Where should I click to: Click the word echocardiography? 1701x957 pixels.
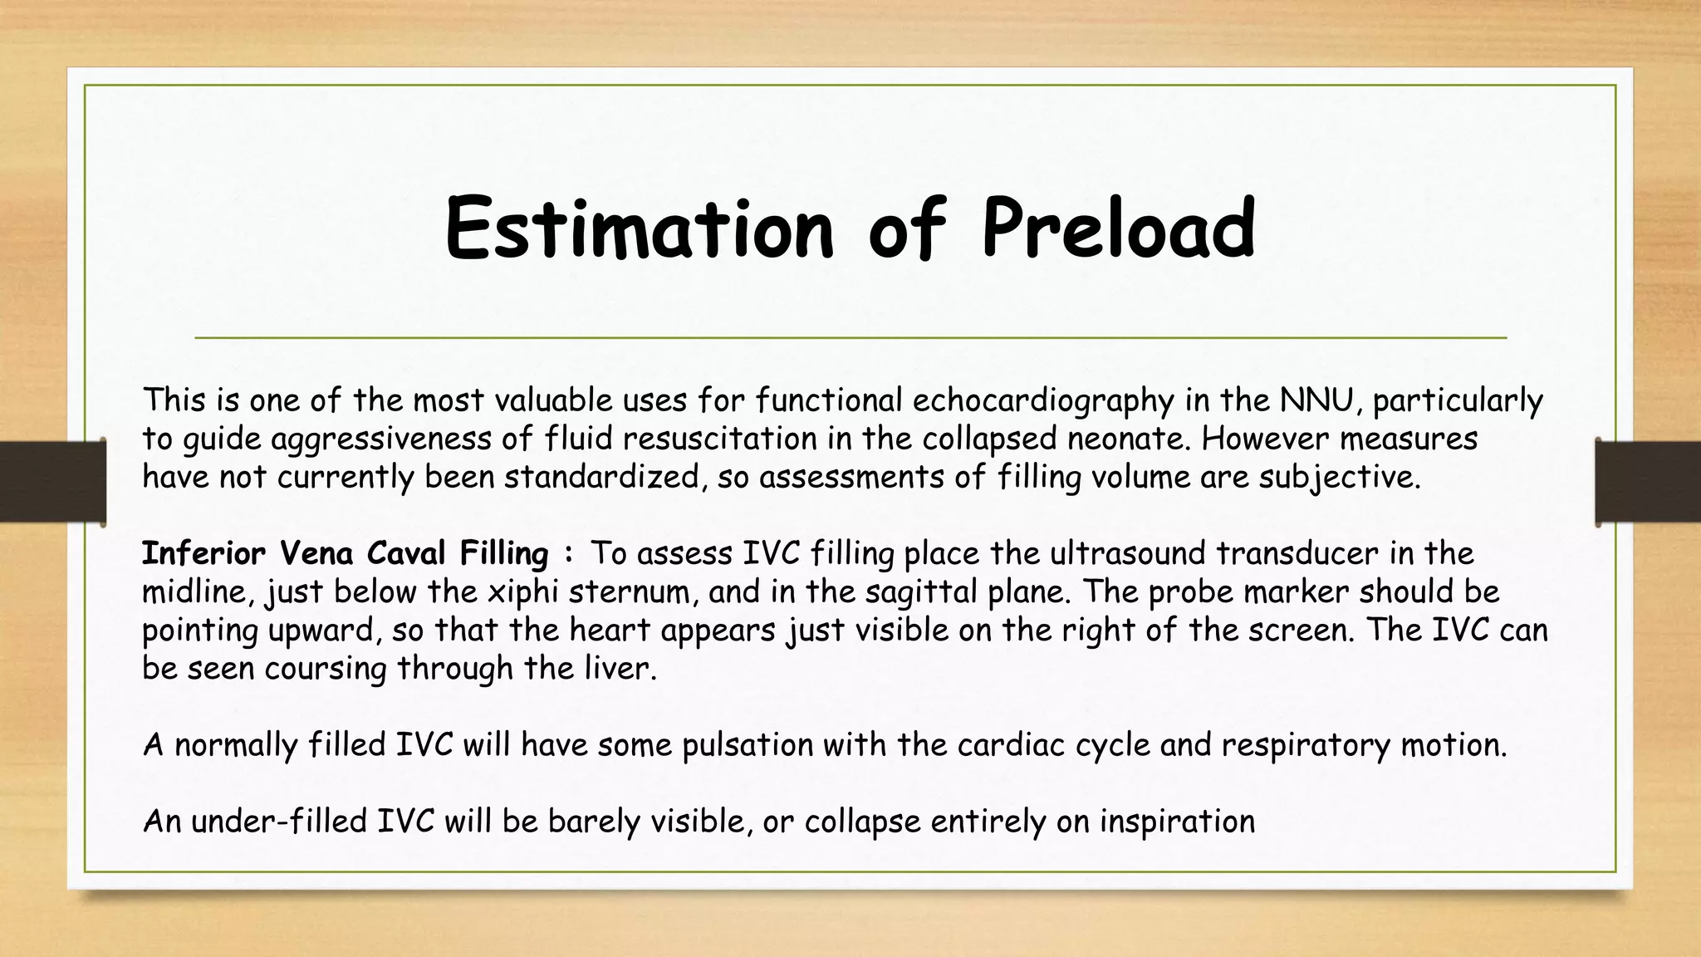1043,402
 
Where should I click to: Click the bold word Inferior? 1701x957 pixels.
203,553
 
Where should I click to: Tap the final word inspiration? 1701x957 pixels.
1177,822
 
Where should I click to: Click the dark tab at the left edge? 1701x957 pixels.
52,482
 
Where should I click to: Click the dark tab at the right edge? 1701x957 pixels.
1648,482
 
